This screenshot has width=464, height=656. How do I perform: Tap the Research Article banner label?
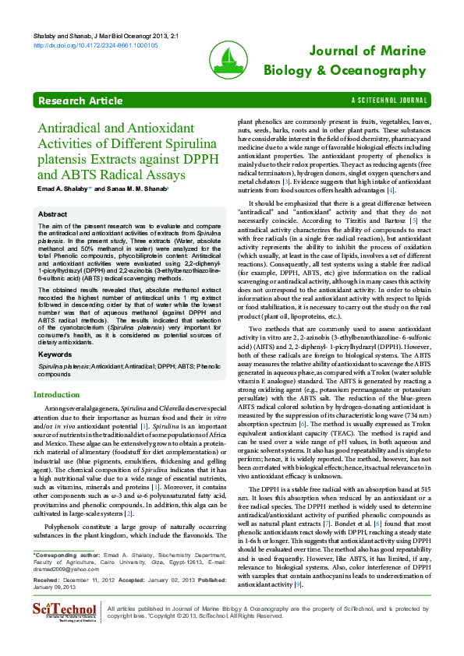80,101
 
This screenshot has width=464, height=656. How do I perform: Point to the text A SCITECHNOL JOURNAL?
389,101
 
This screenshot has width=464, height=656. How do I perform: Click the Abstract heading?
52,213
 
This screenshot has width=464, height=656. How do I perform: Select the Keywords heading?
55,354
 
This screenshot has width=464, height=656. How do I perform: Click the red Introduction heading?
56,395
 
